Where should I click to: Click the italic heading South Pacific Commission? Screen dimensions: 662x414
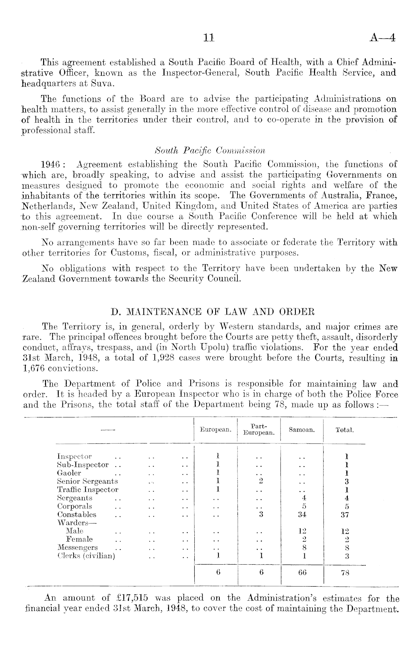(x=210, y=151)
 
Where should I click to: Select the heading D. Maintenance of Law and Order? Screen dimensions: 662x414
(x=210, y=311)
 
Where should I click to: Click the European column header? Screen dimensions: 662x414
(x=216, y=430)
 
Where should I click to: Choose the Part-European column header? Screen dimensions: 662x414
(x=259, y=430)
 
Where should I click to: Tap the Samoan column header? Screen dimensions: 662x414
(x=302, y=430)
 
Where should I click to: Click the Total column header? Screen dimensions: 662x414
(x=345, y=430)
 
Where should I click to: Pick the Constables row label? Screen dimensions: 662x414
(x=77, y=515)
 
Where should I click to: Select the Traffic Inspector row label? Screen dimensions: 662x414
(x=88, y=490)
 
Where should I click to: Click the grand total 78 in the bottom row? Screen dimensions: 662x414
(x=345, y=573)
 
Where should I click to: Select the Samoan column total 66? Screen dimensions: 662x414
(x=302, y=573)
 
